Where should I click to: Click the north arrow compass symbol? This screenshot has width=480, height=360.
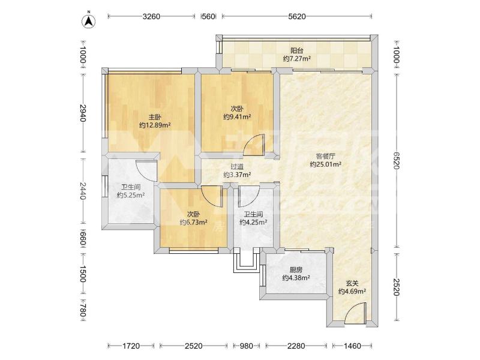[x=89, y=21]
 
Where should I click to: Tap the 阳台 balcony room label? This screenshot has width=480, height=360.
[x=296, y=50]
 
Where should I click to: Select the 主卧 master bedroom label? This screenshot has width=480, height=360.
[x=155, y=117]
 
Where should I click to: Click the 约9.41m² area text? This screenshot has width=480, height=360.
[x=237, y=116]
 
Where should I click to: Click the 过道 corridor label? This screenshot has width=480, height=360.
[x=237, y=167]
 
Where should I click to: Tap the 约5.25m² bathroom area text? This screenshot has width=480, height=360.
[x=131, y=195]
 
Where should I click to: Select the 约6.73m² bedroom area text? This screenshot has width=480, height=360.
[x=193, y=222]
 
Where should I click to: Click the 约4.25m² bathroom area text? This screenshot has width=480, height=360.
[x=253, y=223]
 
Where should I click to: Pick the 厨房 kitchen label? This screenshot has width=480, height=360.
[x=296, y=270]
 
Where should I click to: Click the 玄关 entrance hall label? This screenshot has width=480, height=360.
[x=352, y=283]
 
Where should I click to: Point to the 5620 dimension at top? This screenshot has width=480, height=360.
[x=297, y=17]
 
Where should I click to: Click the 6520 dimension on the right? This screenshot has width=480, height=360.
[x=397, y=160]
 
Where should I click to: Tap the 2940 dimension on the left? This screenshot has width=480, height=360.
[x=83, y=113]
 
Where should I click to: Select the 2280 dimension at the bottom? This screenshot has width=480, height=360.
[x=296, y=346]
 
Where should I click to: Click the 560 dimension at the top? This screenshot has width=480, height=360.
[x=208, y=17]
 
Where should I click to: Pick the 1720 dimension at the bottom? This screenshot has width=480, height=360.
[x=131, y=346]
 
